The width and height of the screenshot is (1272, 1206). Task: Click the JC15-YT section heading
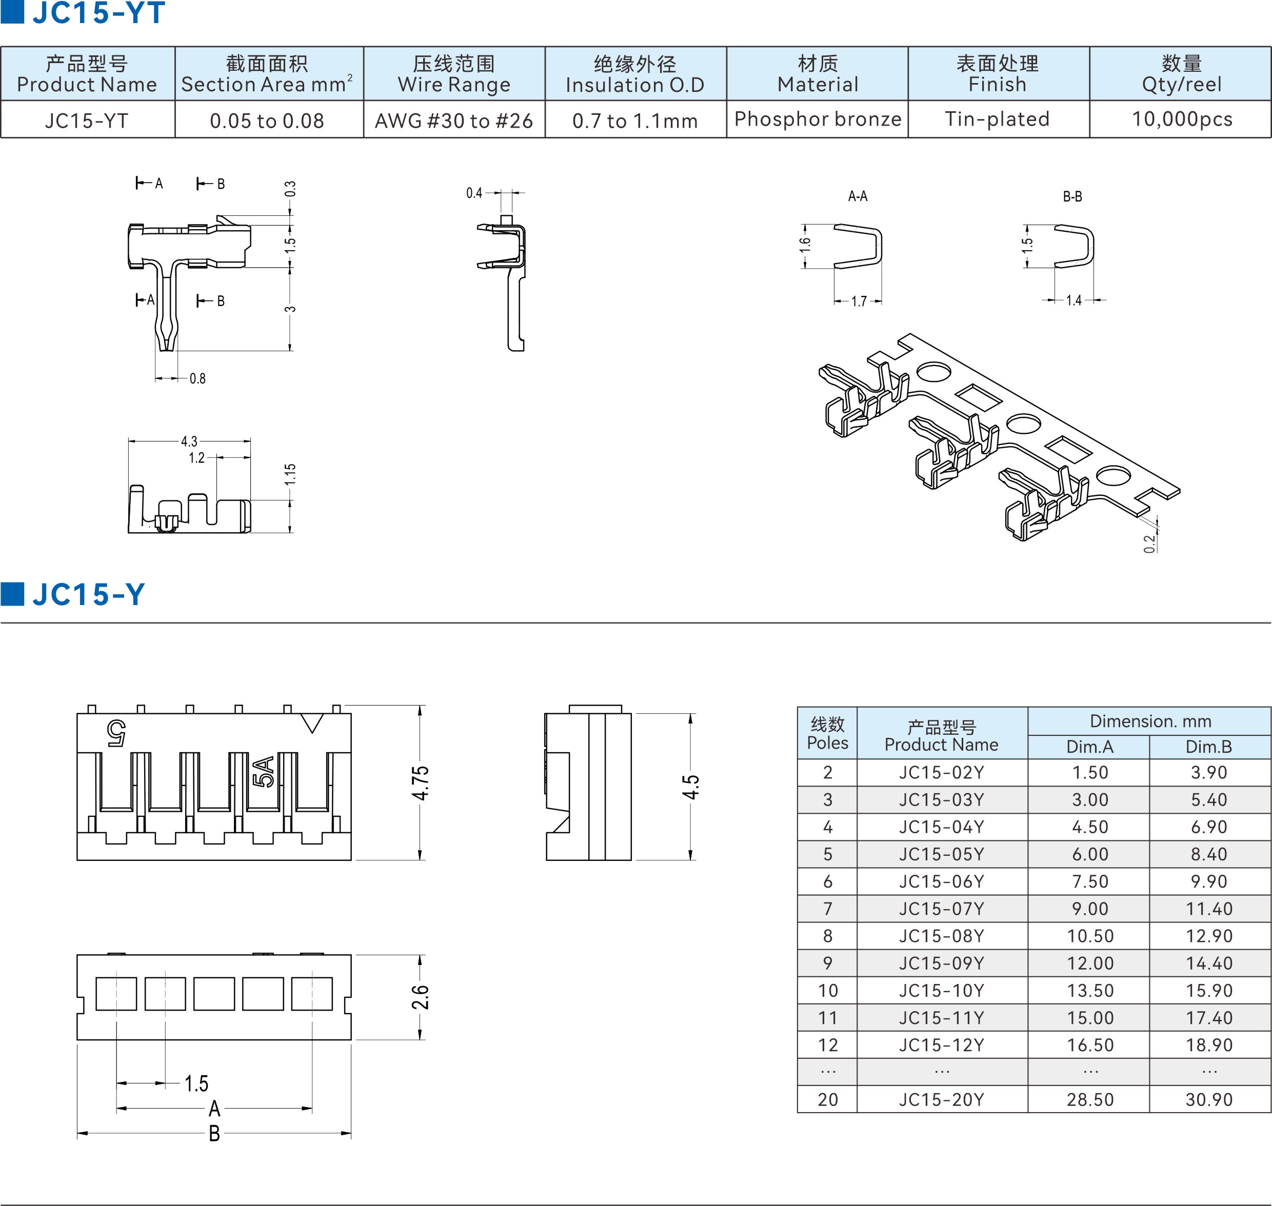[x=98, y=13]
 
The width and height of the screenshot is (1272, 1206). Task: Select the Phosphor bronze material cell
[x=818, y=119]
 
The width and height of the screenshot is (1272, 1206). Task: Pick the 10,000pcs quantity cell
[x=1182, y=119]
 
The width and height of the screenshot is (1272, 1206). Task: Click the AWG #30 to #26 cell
[x=454, y=121]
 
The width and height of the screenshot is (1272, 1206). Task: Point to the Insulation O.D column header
[x=634, y=74]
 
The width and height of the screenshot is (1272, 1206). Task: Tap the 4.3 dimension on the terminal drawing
[x=189, y=441]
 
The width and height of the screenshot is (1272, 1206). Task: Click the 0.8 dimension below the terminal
[x=197, y=378]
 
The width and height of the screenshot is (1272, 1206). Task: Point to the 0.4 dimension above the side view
[x=474, y=193]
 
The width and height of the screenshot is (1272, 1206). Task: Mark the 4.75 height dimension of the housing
[x=421, y=783]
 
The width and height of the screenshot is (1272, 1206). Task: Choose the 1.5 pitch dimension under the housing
[x=196, y=1084]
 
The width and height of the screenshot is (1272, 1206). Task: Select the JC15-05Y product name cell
[x=942, y=854]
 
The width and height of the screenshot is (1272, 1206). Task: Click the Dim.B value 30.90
[x=1209, y=1100]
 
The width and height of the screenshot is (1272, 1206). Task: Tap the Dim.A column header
[x=1089, y=747]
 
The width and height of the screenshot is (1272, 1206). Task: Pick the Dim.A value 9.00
[x=1090, y=909]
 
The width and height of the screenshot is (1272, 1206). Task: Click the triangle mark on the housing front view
[x=312, y=722]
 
